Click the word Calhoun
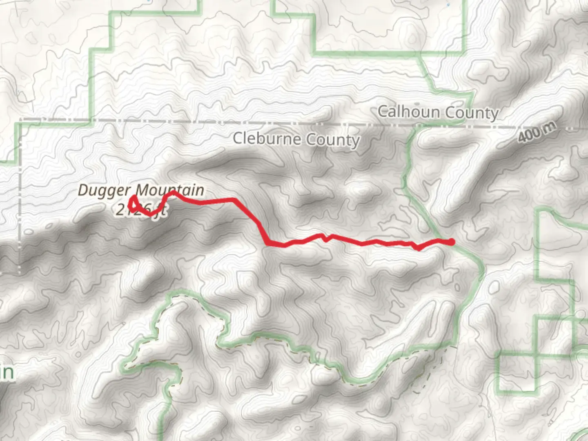409,111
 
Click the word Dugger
104,190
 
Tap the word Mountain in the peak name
170,190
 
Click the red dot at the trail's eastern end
452,242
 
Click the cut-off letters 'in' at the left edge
7,372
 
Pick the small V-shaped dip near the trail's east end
418,247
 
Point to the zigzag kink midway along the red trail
325,238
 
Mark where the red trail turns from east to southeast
234,200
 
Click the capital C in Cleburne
238,138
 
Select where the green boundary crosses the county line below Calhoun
417,126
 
